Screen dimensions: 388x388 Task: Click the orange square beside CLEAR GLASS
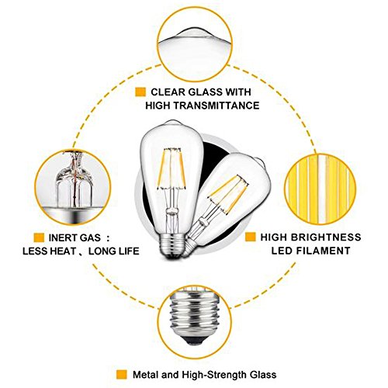140,92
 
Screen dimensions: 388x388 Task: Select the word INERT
64,237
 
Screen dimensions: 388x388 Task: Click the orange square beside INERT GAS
39,237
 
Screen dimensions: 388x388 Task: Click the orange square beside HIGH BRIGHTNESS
251,237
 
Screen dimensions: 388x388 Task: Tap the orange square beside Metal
122,375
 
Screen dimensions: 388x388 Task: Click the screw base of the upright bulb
171,245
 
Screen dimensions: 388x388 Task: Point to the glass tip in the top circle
195,33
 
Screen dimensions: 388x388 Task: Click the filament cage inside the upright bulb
171,168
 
